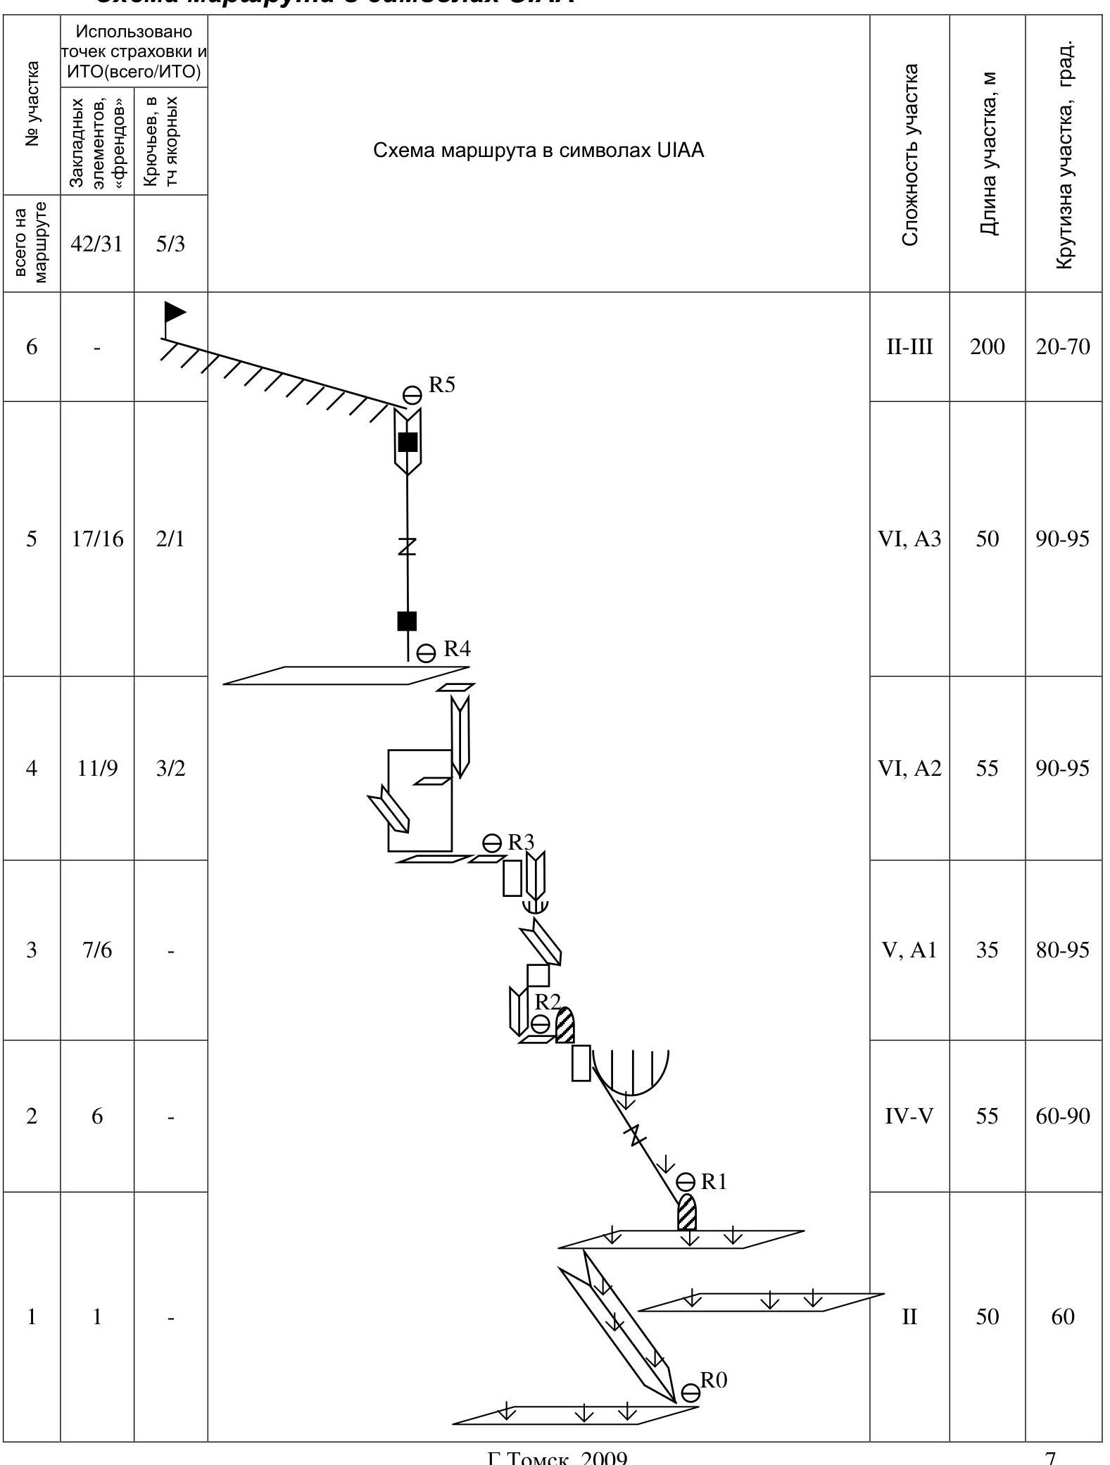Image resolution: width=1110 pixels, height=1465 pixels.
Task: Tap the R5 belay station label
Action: [x=442, y=385]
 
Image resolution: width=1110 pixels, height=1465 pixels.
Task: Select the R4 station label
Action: [x=456, y=649]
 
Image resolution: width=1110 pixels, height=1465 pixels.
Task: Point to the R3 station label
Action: [x=521, y=842]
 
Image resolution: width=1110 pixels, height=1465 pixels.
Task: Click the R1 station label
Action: [x=714, y=1182]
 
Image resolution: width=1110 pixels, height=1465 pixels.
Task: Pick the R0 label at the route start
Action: [x=713, y=1381]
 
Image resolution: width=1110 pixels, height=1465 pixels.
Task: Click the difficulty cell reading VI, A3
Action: [x=909, y=539]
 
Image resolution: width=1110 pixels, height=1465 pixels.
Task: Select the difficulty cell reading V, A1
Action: [x=909, y=950]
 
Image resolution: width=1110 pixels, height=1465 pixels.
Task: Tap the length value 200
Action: [x=987, y=347]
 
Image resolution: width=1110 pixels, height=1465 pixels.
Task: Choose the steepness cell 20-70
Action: [x=1063, y=347]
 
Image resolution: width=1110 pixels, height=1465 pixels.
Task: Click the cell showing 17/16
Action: [x=97, y=539]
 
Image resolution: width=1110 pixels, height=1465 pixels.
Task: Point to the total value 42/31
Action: [x=97, y=244]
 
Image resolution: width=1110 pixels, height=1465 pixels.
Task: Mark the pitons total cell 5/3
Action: [x=170, y=244]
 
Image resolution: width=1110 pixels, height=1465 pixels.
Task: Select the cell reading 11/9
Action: [x=97, y=768]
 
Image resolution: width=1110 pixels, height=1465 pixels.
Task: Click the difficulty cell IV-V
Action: [x=909, y=1117]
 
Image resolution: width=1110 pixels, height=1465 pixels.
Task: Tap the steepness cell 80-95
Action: [x=1063, y=950]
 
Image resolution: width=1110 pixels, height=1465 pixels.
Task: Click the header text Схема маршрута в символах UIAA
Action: [x=538, y=151]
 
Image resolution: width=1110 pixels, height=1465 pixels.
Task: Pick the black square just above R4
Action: [x=407, y=621]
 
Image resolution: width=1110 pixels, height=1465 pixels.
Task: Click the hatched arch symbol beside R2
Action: [x=565, y=1025]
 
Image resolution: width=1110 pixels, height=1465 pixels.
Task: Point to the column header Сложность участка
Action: [x=910, y=155]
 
